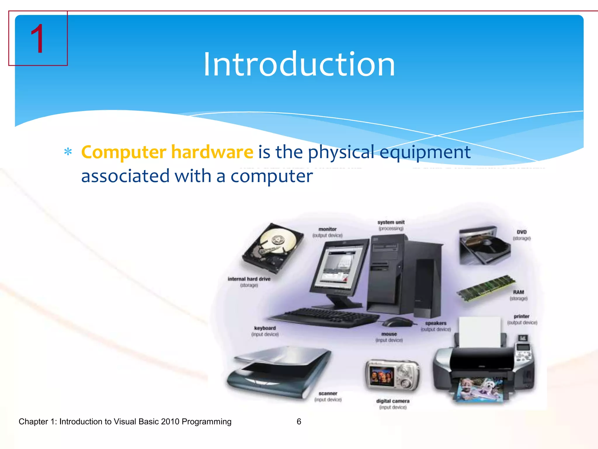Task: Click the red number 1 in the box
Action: (x=37, y=39)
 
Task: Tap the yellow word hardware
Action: (x=212, y=152)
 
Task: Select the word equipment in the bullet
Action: (x=425, y=152)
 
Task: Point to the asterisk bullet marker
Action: (x=68, y=152)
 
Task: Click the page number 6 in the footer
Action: (x=299, y=422)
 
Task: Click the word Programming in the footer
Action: (x=206, y=422)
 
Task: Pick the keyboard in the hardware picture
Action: (x=324, y=317)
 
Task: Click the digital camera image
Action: (x=392, y=376)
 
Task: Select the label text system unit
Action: (x=391, y=222)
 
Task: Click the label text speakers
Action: (x=436, y=323)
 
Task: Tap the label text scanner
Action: (x=328, y=393)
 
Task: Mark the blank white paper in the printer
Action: (x=479, y=332)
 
